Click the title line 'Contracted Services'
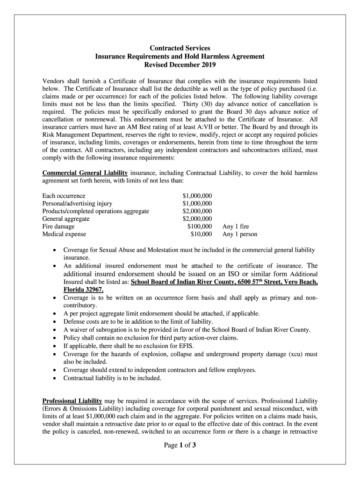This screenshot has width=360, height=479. (x=180, y=48)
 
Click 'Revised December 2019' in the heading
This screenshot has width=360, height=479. (x=180, y=65)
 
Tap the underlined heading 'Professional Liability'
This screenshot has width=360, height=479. (x=72, y=401)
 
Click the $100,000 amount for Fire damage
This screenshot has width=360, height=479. (x=199, y=226)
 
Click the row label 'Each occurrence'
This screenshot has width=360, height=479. (x=64, y=195)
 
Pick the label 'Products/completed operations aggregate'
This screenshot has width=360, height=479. (x=95, y=211)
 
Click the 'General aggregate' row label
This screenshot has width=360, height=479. (x=66, y=218)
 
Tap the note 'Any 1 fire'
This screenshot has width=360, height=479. (x=236, y=226)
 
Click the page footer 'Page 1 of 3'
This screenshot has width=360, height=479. (x=180, y=445)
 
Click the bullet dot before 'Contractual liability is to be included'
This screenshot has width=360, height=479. (x=54, y=378)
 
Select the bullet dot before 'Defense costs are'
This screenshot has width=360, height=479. (x=54, y=321)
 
